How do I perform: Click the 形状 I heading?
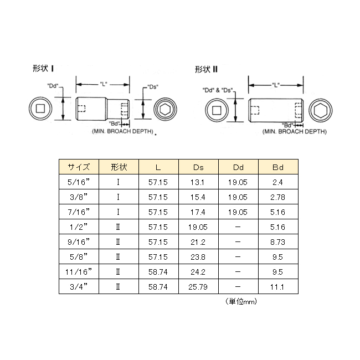click(43, 69)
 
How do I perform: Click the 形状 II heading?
click(206, 69)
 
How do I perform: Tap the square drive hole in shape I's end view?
click(40, 109)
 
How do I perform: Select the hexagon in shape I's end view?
click(165, 109)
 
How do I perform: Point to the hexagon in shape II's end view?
click(321, 110)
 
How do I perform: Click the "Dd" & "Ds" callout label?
click(218, 90)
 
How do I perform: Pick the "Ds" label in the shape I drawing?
click(153, 87)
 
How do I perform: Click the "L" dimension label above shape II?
click(275, 85)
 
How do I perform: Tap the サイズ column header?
click(79, 167)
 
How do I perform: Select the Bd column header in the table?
click(278, 167)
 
